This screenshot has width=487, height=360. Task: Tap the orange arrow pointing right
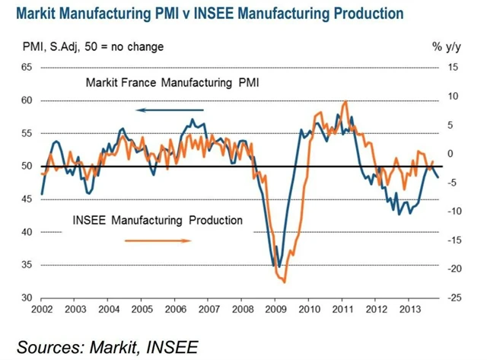tap(158, 241)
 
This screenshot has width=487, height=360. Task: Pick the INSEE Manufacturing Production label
tap(158, 220)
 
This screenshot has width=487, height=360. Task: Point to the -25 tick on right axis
tap(450, 298)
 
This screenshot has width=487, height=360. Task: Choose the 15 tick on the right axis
tap(450, 67)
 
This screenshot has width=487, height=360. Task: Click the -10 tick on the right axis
tap(450, 211)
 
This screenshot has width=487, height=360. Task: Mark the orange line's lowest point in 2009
tap(284, 282)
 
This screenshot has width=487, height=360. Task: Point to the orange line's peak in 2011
tap(345, 101)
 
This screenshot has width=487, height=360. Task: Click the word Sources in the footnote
tap(54, 346)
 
